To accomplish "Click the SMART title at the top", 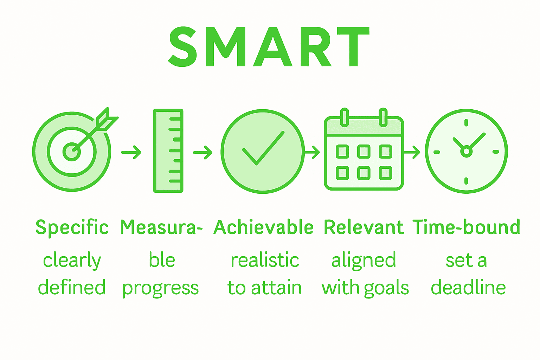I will [269, 46].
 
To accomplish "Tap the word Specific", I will [72, 227].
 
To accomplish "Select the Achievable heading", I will [263, 227].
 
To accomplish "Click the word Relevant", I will [364, 227].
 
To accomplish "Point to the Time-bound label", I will [466, 227].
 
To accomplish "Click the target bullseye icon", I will [72, 152].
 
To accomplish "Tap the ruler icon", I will [168, 151].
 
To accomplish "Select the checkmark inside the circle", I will [263, 148].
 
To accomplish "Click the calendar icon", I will [364, 153].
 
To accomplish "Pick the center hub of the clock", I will [466, 152].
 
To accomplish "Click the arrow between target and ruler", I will [131, 152].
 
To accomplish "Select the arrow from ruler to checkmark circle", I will [203, 153].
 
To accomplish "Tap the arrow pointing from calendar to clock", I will [412, 152].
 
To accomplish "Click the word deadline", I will [468, 288].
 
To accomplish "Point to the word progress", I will [161, 288].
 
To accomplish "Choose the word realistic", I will [265, 261].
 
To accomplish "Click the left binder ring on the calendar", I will [345, 117].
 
